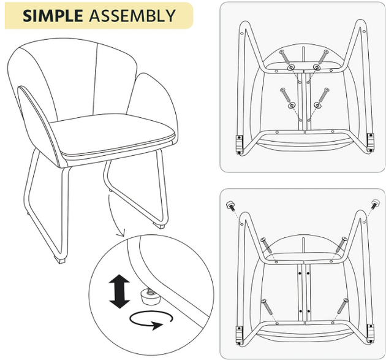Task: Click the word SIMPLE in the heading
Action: [53, 16]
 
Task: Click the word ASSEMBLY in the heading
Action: [132, 16]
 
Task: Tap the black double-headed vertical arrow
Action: [119, 291]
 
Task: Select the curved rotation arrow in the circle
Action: [151, 320]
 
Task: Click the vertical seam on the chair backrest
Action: [95, 79]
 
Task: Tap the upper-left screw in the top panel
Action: [284, 56]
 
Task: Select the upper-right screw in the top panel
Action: [324, 56]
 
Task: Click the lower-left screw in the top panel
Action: [285, 94]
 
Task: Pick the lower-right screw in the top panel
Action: [324, 94]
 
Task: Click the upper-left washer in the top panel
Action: [291, 67]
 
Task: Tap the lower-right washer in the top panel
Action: [317, 105]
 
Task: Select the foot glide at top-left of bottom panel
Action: [230, 205]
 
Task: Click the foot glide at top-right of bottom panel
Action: [376, 204]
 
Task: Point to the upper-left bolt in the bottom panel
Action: [267, 245]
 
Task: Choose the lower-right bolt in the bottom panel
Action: [342, 306]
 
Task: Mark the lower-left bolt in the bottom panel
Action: [267, 307]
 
